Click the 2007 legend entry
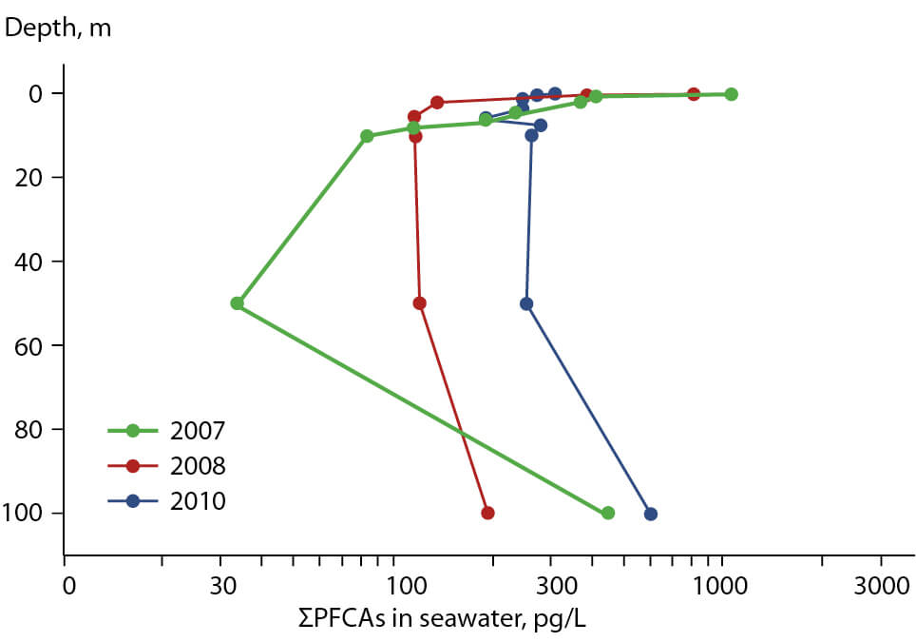click(167, 430)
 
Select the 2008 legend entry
click(167, 466)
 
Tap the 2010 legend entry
click(167, 501)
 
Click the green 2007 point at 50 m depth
click(238, 303)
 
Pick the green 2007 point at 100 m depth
click(608, 513)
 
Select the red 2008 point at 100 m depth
click(487, 513)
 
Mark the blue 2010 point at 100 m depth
click(651, 514)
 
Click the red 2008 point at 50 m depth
click(420, 303)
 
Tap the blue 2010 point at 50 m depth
click(526, 303)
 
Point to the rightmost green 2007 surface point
click(731, 94)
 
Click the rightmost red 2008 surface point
click(694, 94)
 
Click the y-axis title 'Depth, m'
click(59, 28)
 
